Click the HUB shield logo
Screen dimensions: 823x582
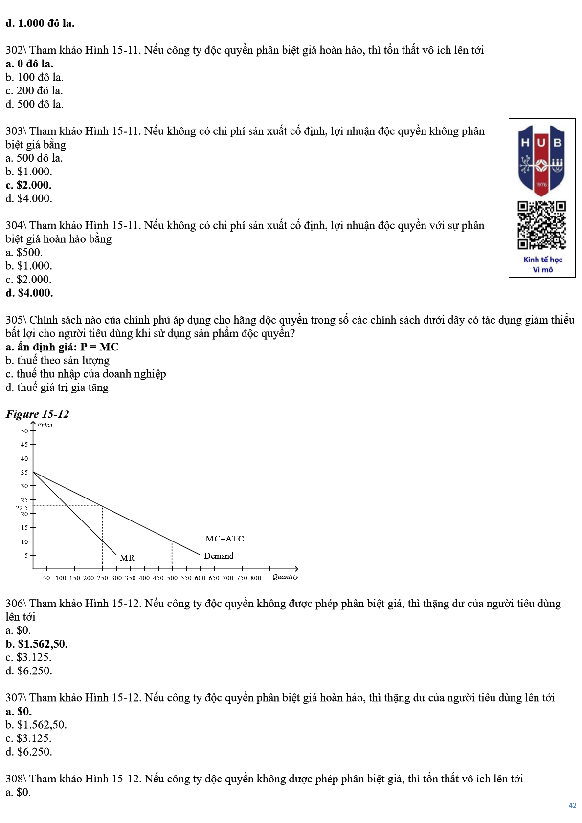[x=541, y=160]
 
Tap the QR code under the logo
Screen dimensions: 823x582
[x=541, y=225]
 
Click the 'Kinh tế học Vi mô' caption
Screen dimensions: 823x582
[x=542, y=264]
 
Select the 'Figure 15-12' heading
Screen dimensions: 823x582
[x=37, y=414]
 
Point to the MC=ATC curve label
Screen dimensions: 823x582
[x=224, y=539]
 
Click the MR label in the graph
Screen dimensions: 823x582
[x=127, y=558]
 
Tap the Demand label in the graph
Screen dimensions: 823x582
[x=219, y=556]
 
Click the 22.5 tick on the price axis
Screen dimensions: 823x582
[x=22, y=508]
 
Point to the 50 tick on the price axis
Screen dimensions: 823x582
[x=24, y=431]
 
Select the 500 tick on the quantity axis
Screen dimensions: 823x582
[x=172, y=578]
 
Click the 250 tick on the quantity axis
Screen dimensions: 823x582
[x=102, y=578]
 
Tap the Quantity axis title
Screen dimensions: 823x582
[x=285, y=577]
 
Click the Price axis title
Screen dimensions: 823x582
[x=45, y=425]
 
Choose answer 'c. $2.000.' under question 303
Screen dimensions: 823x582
[x=28, y=185]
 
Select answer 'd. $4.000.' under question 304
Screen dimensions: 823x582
[x=29, y=293]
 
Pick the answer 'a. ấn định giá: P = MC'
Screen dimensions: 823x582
[x=62, y=347]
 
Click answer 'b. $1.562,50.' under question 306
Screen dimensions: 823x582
[x=37, y=644]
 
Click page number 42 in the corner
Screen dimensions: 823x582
[x=572, y=805]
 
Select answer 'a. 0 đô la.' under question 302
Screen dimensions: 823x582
[x=29, y=64]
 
